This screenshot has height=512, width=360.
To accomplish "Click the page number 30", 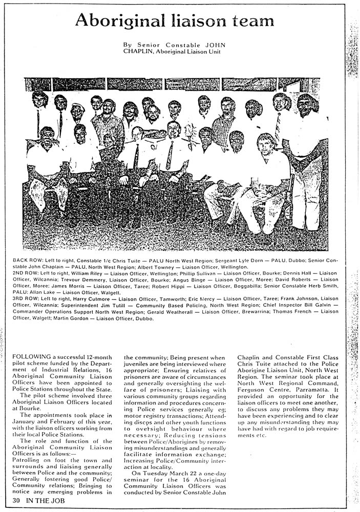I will tap(17, 500).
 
